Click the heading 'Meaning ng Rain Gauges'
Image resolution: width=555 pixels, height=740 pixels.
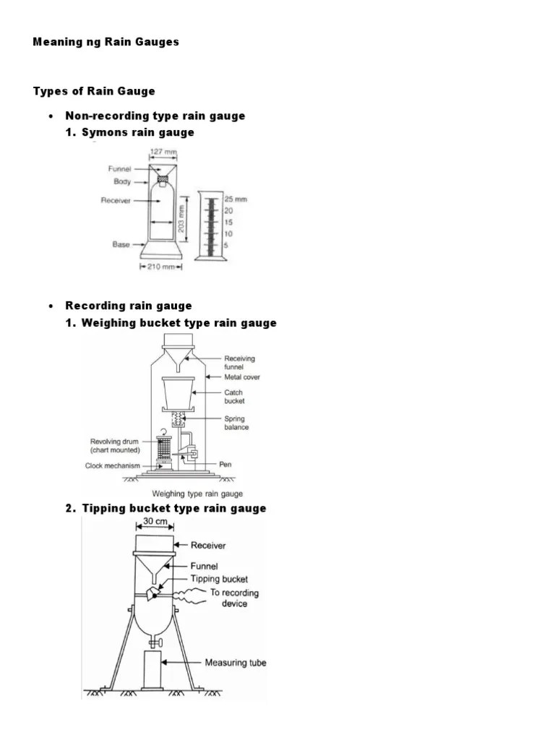point(106,42)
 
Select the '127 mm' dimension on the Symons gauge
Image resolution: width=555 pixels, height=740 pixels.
point(161,152)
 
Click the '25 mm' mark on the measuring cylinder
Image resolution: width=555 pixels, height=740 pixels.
point(235,199)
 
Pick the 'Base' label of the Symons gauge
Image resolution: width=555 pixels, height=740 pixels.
point(121,245)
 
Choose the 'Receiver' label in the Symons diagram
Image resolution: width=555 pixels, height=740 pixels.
point(116,201)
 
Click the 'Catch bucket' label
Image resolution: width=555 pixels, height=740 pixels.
point(234,397)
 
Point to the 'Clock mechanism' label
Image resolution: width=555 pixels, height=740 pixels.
point(113,466)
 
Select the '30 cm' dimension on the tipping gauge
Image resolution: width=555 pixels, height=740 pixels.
point(155,521)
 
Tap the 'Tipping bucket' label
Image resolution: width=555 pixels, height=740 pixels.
point(219,579)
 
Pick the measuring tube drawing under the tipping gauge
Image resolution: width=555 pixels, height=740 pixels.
point(152,669)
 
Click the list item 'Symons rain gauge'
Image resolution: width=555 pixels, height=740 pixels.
point(137,132)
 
